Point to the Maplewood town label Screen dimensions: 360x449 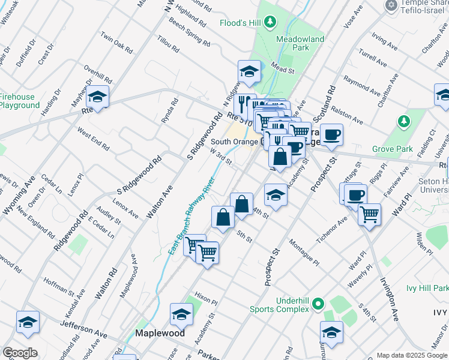[x=158, y=332]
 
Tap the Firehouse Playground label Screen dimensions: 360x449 [x=18, y=101]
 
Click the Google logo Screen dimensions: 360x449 [x=20, y=352]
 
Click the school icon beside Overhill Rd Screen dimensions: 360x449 [x=97, y=96]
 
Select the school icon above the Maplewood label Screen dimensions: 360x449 [x=181, y=314]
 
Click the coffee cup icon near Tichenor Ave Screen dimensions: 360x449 [x=355, y=194]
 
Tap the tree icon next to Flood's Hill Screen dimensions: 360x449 [x=271, y=22]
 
